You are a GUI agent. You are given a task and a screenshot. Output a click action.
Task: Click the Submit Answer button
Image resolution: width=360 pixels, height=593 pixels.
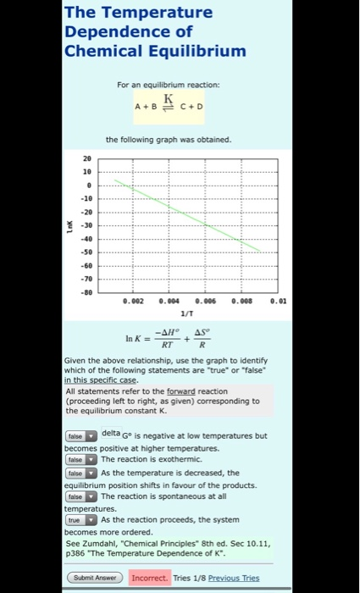click(93, 578)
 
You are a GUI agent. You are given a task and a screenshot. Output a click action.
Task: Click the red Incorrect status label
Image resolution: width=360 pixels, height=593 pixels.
click(150, 578)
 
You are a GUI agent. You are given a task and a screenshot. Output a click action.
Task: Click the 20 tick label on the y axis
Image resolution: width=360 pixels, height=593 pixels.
click(87, 158)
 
